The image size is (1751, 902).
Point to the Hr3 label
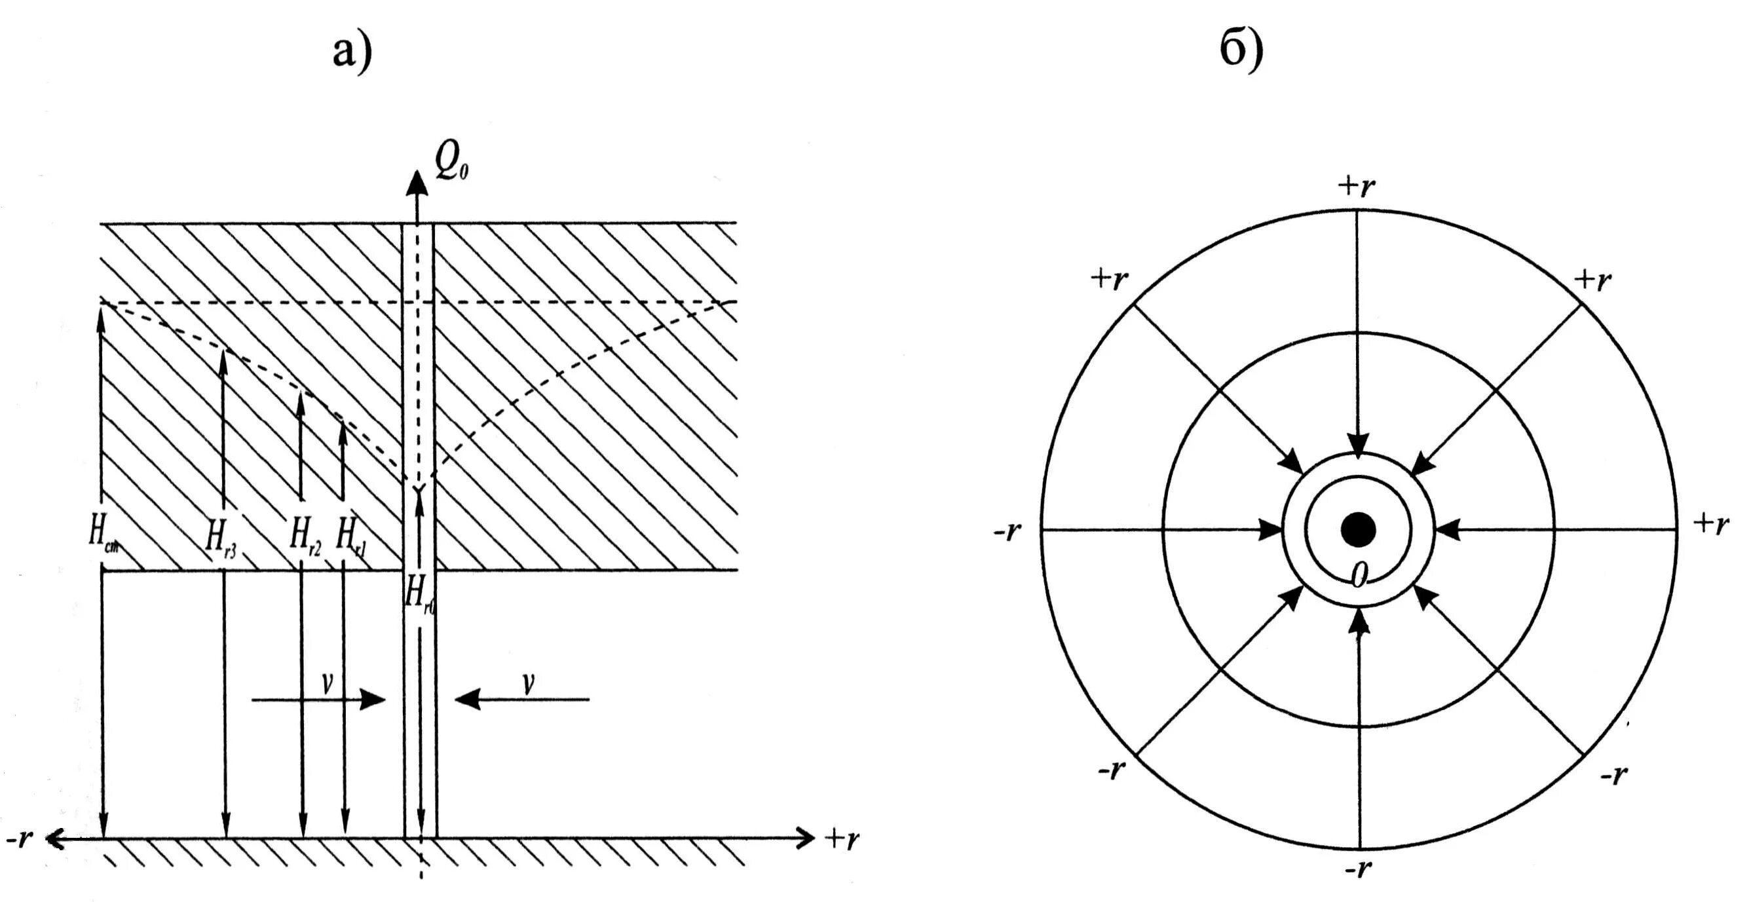pyautogui.click(x=221, y=538)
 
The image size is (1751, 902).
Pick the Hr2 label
pyautogui.click(x=305, y=536)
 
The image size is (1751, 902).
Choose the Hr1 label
pyautogui.click(x=351, y=537)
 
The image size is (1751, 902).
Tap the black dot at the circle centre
pyautogui.click(x=1358, y=529)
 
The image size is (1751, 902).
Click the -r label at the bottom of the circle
pyautogui.click(x=1357, y=869)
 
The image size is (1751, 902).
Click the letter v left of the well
pyautogui.click(x=327, y=683)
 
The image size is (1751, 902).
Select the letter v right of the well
pyautogui.click(x=527, y=683)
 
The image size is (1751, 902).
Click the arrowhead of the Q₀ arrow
pyautogui.click(x=417, y=183)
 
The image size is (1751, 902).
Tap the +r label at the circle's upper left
pyautogui.click(x=1109, y=278)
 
